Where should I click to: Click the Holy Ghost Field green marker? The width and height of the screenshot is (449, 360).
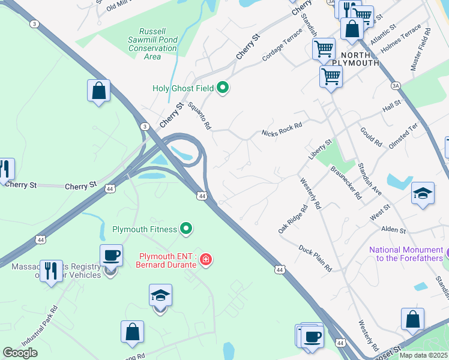(223, 89)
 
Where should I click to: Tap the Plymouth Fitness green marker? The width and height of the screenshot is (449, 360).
(186, 229)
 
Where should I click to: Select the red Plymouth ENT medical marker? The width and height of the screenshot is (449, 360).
(205, 259)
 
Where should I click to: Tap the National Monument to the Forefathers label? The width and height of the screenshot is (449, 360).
(405, 254)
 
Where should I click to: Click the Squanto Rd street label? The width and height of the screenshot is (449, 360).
(200, 116)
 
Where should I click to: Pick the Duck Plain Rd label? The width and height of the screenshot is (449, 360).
(315, 259)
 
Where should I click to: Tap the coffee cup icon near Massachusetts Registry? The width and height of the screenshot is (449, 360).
(111, 256)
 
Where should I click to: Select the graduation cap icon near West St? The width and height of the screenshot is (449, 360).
(423, 194)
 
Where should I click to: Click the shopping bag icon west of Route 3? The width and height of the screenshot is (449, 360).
(99, 91)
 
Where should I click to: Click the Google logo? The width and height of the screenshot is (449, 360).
(20, 352)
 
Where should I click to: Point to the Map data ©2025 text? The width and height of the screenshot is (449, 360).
(423, 355)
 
